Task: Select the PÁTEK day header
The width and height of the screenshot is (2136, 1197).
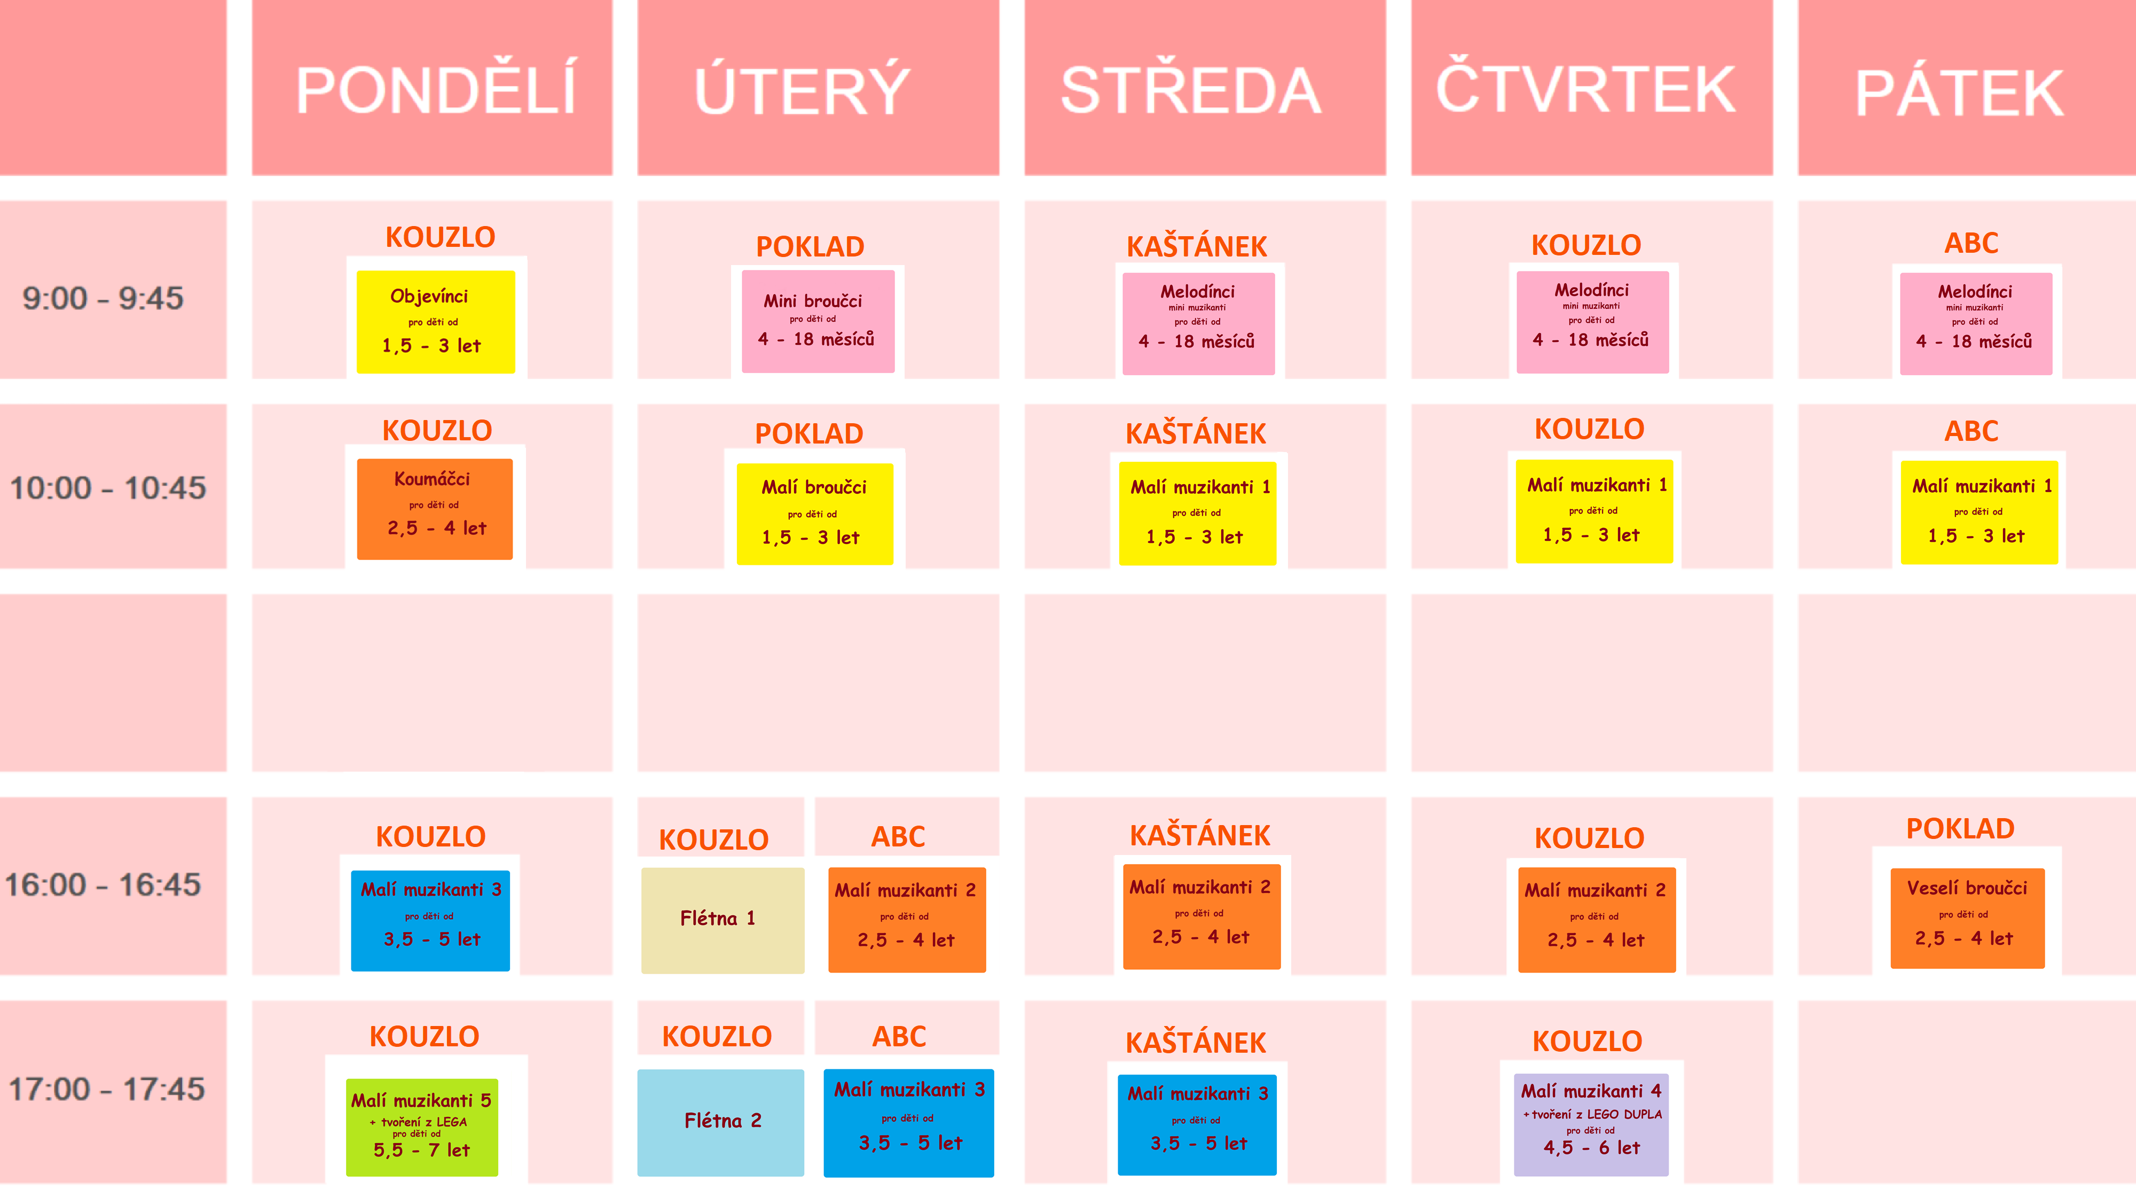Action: pyautogui.click(x=1959, y=93)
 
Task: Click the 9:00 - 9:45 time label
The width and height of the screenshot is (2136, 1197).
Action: pyautogui.click(x=103, y=298)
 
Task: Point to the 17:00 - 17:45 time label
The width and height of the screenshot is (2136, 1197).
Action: pyautogui.click(x=106, y=1089)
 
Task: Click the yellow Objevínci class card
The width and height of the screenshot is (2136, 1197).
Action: pyautogui.click(x=435, y=322)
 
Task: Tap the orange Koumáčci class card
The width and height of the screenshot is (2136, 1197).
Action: pyautogui.click(x=435, y=509)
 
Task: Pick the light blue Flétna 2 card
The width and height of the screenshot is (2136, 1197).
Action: pyautogui.click(x=720, y=1122)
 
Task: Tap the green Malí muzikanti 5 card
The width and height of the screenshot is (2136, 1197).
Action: pyautogui.click(x=422, y=1126)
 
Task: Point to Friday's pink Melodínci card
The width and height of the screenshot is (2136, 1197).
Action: pyautogui.click(x=1975, y=323)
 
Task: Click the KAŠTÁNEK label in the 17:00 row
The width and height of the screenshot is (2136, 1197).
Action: pyautogui.click(x=1196, y=1043)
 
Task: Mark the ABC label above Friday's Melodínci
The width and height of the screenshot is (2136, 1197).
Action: pyautogui.click(x=1971, y=243)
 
